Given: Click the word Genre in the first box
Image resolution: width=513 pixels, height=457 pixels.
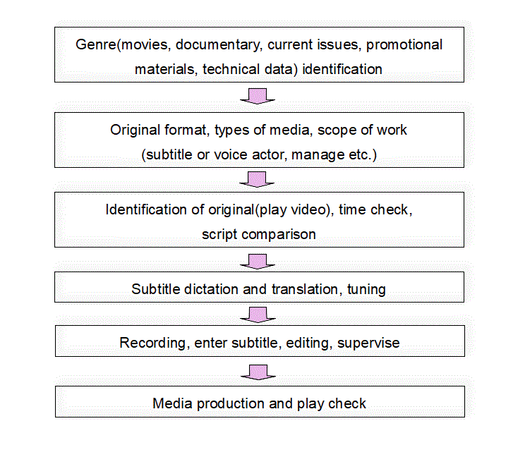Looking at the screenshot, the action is pos(96,44).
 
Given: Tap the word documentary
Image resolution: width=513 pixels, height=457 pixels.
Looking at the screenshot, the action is pos(218,45).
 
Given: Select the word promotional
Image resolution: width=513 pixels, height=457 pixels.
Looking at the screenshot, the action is pos(404,45).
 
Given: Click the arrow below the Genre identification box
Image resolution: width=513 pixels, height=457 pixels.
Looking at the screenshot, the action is pos(258,96).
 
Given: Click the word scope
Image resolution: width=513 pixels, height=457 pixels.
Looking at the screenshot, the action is pos(332,130).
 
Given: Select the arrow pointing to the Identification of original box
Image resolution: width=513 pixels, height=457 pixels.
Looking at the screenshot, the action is pos(257,179).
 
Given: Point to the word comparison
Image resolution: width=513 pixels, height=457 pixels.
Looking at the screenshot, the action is pos(279,235).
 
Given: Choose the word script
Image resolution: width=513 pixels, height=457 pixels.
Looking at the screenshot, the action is pos(219,235).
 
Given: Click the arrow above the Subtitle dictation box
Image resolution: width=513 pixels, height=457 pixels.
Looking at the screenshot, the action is pos(258,262).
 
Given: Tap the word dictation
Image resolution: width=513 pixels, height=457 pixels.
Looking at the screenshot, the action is pos(211,289).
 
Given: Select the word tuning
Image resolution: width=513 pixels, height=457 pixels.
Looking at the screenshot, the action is pos(366,290).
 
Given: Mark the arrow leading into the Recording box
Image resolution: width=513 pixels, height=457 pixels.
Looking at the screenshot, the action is pos(258,315).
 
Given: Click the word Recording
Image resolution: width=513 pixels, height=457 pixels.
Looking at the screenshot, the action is pos(152,343).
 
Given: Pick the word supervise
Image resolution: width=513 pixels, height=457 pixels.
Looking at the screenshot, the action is pos(368,343).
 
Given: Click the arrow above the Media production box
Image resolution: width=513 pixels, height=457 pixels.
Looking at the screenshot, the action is pos(258,372).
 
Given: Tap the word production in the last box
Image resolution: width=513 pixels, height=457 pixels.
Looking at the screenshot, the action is pos(231,403).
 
